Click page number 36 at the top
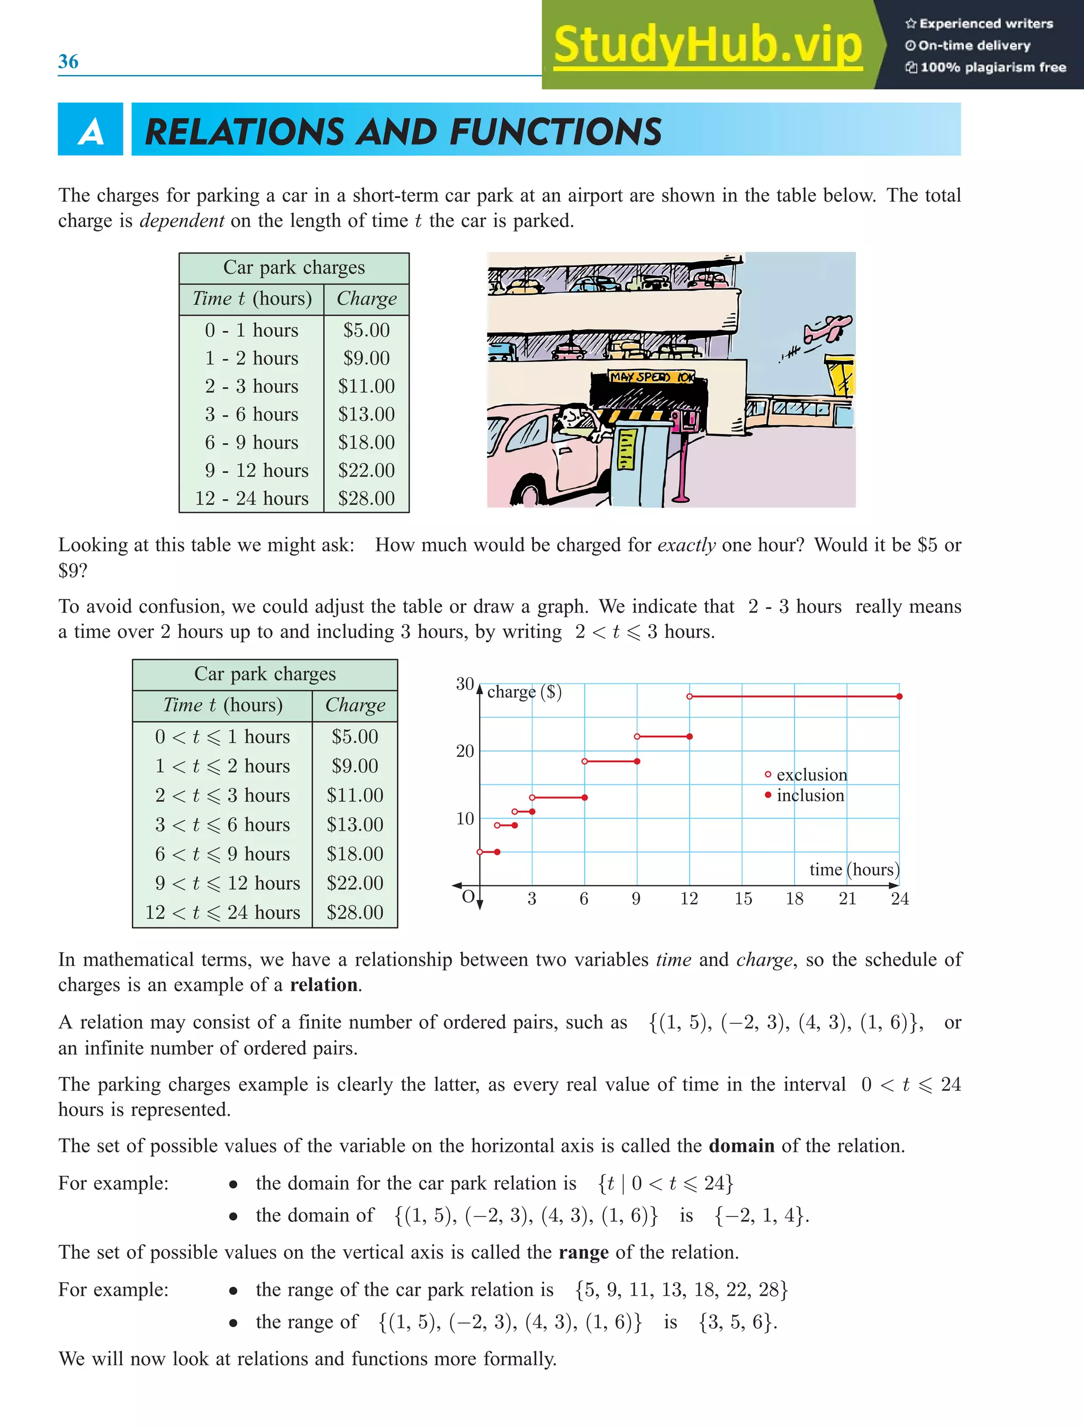click(68, 61)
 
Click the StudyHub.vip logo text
click(708, 45)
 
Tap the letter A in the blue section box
click(91, 132)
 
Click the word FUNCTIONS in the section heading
click(555, 132)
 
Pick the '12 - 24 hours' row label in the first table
click(252, 498)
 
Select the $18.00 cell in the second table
click(355, 854)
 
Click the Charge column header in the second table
click(355, 705)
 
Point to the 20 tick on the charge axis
click(465, 751)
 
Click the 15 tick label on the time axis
click(743, 899)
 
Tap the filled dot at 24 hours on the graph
click(899, 697)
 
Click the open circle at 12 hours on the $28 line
click(690, 697)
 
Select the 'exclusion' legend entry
click(810, 774)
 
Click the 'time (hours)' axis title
click(854, 870)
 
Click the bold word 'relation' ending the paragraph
click(323, 984)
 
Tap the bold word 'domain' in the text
click(741, 1145)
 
